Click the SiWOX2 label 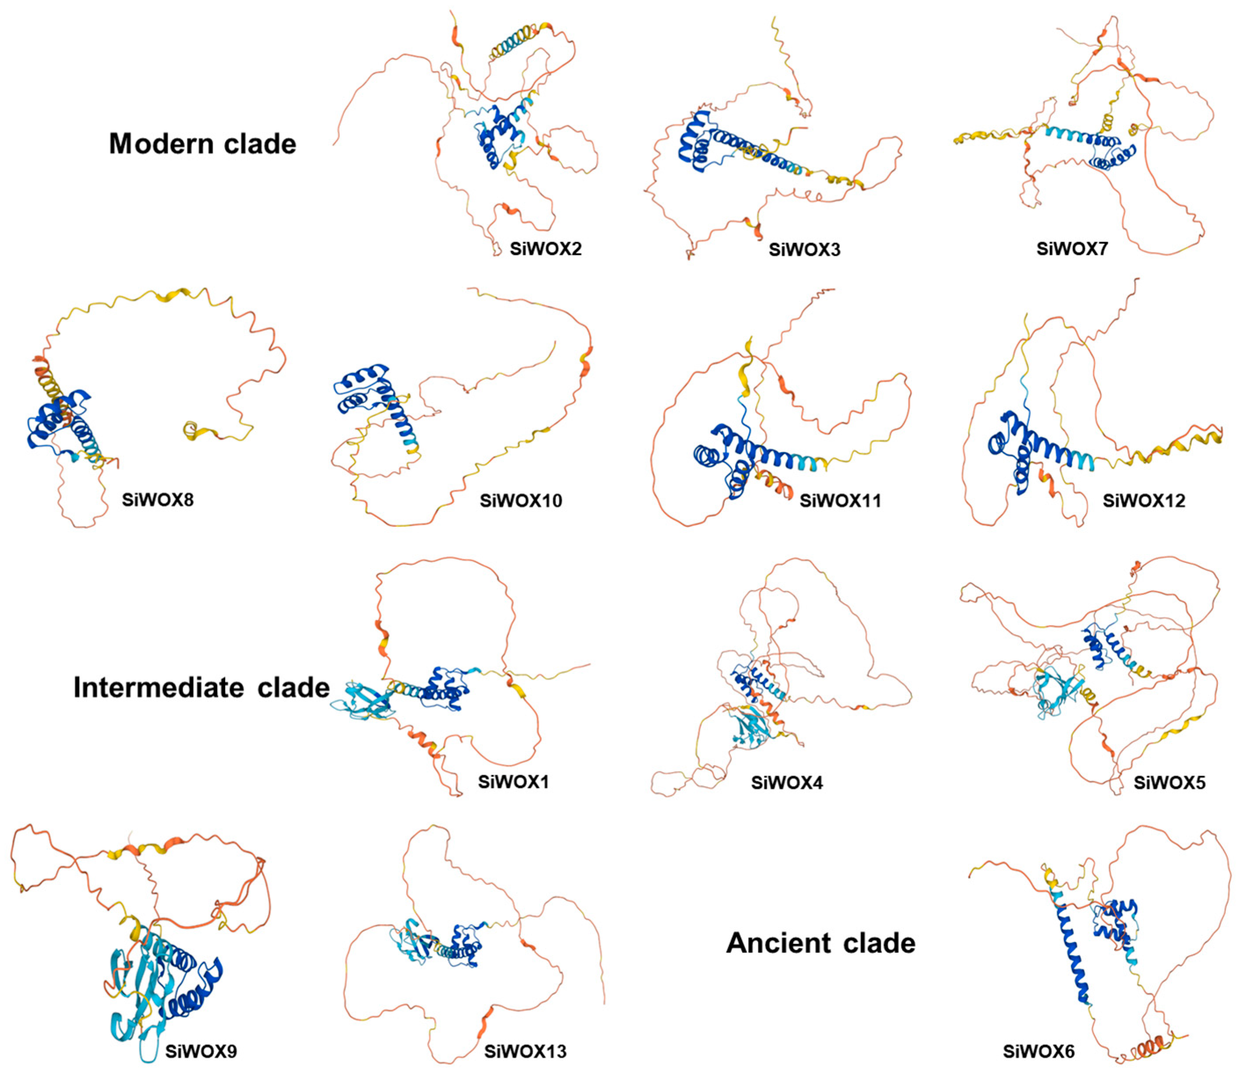click(x=545, y=248)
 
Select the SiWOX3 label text click(x=804, y=249)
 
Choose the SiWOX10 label click(x=520, y=500)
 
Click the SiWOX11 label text click(x=840, y=500)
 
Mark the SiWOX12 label click(x=1144, y=500)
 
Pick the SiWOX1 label click(x=513, y=781)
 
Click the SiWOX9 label click(x=201, y=1051)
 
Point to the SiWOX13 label click(x=525, y=1051)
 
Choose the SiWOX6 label click(x=1038, y=1051)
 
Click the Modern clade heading click(x=202, y=144)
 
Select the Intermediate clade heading click(x=201, y=687)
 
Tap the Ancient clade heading click(x=820, y=943)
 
